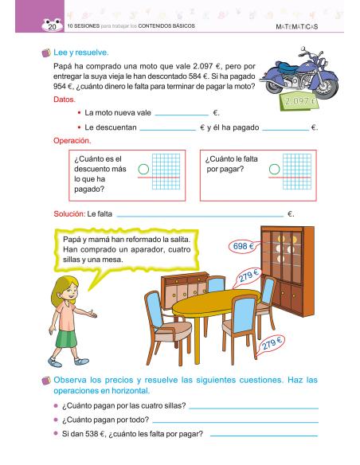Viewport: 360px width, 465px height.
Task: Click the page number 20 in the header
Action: (x=52, y=27)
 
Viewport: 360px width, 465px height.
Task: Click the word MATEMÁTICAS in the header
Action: (x=297, y=27)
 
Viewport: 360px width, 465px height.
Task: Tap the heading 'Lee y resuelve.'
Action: (x=81, y=53)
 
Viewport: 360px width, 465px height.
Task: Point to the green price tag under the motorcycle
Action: (x=299, y=102)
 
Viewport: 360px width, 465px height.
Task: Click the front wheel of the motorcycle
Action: (x=327, y=88)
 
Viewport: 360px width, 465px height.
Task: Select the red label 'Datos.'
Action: (x=65, y=100)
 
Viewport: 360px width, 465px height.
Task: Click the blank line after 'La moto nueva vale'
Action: (x=182, y=115)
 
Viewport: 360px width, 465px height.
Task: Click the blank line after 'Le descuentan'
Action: (x=167, y=130)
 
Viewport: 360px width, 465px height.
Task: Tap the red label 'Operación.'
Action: (x=72, y=141)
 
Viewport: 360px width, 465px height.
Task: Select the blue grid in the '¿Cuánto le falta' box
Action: (x=297, y=171)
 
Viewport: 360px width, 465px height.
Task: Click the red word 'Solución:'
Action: (x=69, y=214)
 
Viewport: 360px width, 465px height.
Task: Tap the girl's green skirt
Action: (x=66, y=338)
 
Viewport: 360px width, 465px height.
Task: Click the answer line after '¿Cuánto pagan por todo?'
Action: (x=235, y=422)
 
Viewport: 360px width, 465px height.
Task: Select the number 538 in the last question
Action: (x=92, y=434)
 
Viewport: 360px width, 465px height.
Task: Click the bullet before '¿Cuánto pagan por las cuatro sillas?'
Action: (x=56, y=405)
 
